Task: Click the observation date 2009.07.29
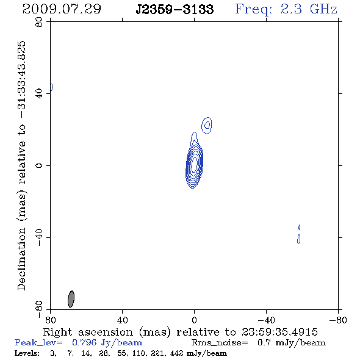coord(62,9)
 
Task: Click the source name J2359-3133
coord(175,9)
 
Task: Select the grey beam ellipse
coord(71,299)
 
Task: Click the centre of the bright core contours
coord(194,164)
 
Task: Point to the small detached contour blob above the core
coord(207,125)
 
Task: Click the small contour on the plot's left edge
coord(52,87)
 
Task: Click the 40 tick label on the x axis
coord(123,320)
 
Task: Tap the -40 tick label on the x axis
coord(266,320)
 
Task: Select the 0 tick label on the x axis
coord(194,320)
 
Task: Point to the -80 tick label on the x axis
coord(338,320)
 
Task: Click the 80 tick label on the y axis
coord(39,22)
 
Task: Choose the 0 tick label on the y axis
coord(39,165)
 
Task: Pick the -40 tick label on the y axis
coord(39,237)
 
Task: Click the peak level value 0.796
coord(84,342)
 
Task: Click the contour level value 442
coord(176,353)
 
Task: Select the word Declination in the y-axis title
coord(21,259)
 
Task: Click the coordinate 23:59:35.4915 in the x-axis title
coord(279,332)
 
